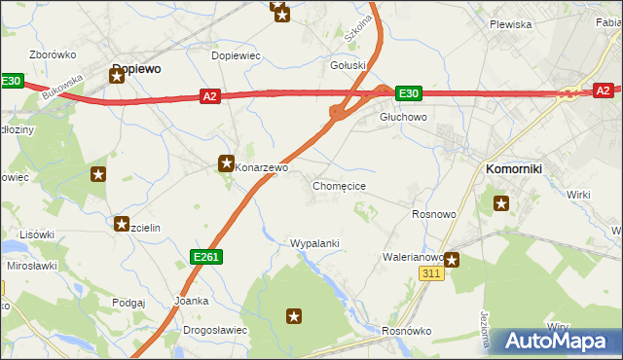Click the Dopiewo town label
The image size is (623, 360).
pos(136,69)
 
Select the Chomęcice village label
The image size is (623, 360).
pos(339,185)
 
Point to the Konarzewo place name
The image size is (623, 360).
pos(262,167)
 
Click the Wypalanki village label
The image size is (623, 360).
pos(314,242)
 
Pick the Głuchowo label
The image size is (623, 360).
pos(403,117)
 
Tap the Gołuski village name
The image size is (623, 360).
pos(348,66)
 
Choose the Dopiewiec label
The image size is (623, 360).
pos(236,55)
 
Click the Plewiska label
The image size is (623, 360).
pos(510,24)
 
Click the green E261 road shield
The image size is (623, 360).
pos(204,256)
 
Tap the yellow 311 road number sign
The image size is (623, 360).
pos(432,274)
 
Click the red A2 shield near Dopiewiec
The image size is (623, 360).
pos(210,95)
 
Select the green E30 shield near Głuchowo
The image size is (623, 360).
pos(408,93)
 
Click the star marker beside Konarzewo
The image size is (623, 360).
pos(227,163)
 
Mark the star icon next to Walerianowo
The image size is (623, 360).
pos(451,260)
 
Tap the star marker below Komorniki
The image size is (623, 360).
pos(501,203)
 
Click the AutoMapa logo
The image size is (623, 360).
pos(558,342)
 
